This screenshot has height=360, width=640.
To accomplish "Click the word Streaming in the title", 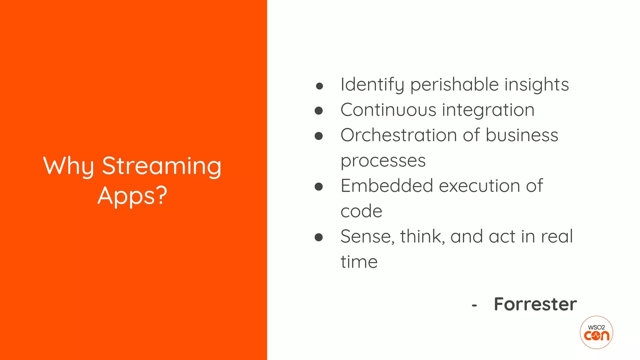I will point(162,166).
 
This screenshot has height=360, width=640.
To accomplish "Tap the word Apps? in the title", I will point(132,196).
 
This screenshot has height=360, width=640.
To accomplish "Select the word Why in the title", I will point(68,166).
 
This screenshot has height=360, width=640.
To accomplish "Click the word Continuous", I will point(388,110).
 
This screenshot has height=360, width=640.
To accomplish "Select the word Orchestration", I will point(399,135).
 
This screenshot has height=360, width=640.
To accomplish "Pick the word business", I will point(522,135).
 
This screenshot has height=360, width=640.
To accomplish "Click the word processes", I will point(383,161).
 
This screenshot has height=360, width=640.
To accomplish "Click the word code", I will point(361,211).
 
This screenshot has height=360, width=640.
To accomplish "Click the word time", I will point(359,262).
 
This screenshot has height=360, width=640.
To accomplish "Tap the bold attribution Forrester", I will point(535,304).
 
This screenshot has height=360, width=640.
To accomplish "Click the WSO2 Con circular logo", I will point(596,332).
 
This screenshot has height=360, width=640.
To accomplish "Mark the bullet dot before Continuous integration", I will point(318,111).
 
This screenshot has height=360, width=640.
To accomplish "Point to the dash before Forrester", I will point(474,305).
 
